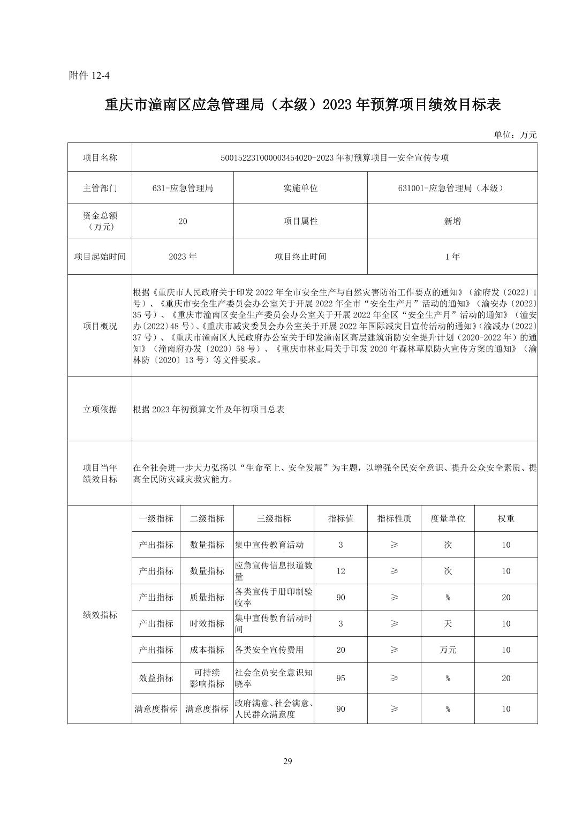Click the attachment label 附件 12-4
point(89,76)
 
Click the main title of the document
point(302,105)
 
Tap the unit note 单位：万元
point(515,135)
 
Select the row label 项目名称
point(100,157)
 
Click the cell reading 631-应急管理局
point(183,188)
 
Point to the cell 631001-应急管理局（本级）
point(452,188)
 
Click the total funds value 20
point(183,221)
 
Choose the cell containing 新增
point(452,221)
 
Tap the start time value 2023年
point(183,257)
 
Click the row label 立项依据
point(100,409)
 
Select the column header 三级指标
point(274,518)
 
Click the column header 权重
point(505,518)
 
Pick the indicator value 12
point(341,571)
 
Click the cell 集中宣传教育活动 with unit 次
point(269,545)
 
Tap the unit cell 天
point(448,623)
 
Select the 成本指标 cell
point(207,650)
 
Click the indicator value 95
point(341,678)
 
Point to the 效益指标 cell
point(156,678)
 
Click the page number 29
point(287,762)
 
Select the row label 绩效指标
point(100,615)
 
